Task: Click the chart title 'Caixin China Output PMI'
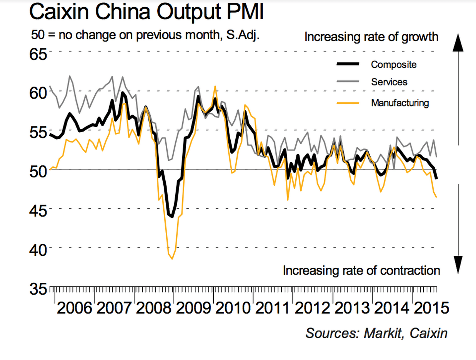pos(146,12)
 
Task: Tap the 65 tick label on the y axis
pos(38,53)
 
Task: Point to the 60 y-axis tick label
pos(38,92)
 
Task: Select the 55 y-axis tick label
pos(38,132)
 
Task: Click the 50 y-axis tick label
pos(38,170)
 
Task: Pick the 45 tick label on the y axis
pos(38,210)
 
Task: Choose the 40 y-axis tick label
pos(38,249)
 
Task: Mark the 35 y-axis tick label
pos(38,288)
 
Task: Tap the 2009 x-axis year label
pos(194,308)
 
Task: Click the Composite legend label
pos(393,64)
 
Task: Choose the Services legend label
pos(389,82)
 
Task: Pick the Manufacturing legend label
pos(400,103)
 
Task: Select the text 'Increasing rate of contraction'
pos(361,270)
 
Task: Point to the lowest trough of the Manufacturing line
pos(172,259)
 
